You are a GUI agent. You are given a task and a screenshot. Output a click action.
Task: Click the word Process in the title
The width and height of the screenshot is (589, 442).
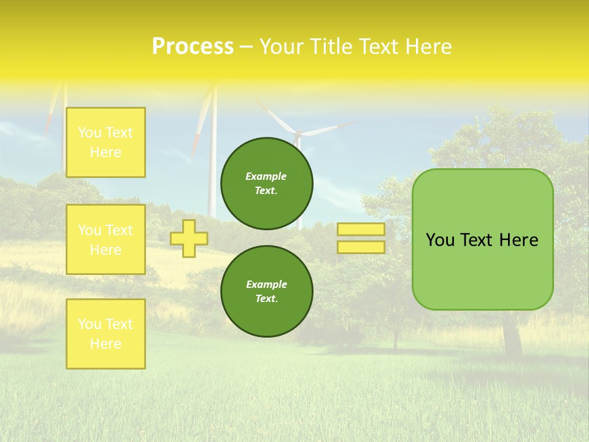coord(193,47)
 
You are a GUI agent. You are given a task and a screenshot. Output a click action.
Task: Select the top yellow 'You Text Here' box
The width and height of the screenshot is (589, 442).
coord(106,142)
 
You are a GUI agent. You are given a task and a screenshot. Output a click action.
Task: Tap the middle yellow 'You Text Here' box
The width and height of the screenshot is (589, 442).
coord(106,239)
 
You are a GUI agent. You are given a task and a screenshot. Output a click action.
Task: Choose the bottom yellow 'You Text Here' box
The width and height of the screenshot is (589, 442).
coord(106,334)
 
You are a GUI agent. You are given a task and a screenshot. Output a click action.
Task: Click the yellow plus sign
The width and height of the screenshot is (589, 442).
coord(189,238)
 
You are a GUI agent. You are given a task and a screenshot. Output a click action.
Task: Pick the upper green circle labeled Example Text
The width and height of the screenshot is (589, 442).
coord(266,183)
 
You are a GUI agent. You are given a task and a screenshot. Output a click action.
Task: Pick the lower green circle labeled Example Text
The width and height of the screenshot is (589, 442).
coord(266,291)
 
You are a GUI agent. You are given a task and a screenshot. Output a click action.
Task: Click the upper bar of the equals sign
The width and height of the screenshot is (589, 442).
coord(361,230)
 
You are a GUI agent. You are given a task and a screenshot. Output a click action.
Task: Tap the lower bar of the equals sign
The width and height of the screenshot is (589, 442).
coord(361,247)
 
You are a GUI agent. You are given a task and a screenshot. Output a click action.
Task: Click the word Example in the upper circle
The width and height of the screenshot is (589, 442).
coord(266,176)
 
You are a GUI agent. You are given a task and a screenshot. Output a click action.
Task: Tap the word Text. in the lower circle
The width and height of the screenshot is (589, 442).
coord(266,298)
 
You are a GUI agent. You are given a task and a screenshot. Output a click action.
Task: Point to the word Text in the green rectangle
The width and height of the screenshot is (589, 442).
coord(479,240)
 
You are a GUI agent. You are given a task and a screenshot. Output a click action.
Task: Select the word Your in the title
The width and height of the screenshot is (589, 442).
coord(282,47)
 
